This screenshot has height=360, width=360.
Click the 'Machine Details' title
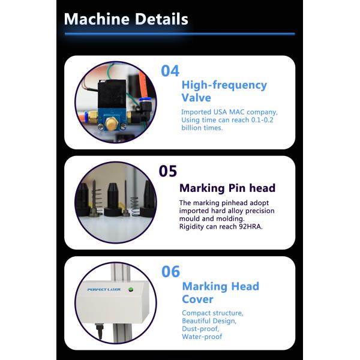[126, 19]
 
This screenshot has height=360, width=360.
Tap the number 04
[170, 71]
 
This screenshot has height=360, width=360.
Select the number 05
[168, 171]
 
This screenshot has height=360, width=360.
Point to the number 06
[170, 271]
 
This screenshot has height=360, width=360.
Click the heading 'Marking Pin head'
[227, 188]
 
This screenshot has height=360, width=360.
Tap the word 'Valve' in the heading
[196, 98]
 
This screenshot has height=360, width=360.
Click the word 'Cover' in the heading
[197, 299]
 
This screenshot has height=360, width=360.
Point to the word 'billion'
[191, 128]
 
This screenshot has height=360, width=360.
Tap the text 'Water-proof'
[202, 337]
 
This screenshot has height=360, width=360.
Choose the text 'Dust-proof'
[200, 329]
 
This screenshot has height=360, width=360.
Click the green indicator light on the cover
[131, 290]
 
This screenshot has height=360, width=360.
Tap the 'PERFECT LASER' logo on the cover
[104, 290]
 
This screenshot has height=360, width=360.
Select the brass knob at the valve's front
[111, 124]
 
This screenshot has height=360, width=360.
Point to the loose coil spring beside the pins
[135, 206]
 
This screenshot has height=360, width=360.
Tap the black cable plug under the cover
[99, 331]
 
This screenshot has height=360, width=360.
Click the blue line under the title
[180, 34]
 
